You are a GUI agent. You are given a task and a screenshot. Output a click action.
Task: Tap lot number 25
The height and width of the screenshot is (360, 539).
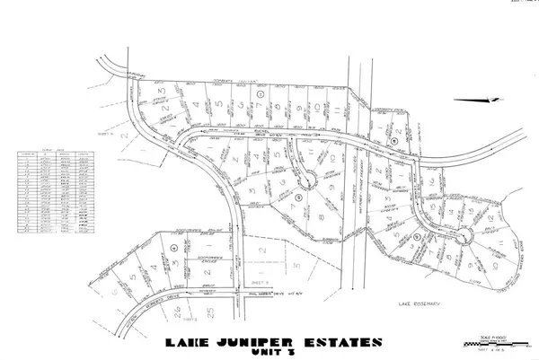coord(211,312)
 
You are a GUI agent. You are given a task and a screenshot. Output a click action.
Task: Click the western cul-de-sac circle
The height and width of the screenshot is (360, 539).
coord(309,179)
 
